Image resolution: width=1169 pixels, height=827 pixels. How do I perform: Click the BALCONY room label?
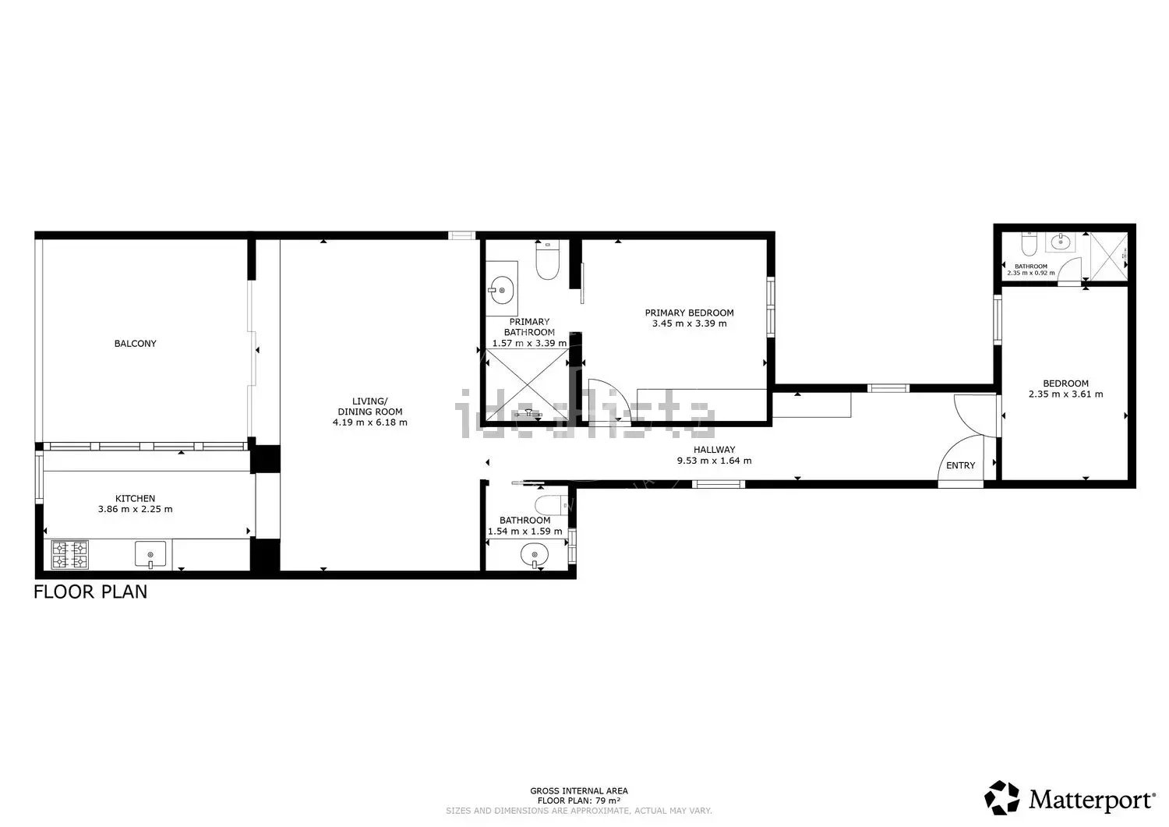135,344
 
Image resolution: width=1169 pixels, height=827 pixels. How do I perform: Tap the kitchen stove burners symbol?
70,554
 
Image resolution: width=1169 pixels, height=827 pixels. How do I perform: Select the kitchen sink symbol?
150,554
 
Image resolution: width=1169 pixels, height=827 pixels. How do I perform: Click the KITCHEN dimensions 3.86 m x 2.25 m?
135,509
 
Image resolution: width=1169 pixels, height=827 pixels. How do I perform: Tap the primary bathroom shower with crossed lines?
528,385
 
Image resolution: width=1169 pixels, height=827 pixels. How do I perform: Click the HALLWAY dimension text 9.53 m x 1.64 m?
715,461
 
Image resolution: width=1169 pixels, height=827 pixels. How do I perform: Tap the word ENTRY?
961,465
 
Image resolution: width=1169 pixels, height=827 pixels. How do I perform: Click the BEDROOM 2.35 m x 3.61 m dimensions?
1065,394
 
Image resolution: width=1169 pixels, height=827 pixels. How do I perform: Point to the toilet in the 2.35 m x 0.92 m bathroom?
1029,244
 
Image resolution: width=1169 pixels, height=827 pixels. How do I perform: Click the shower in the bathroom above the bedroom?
1109,256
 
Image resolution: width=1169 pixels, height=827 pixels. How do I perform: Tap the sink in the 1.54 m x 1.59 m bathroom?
534,554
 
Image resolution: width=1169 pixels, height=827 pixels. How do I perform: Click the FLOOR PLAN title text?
91,592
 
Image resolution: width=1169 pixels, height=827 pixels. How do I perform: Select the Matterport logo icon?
1002,797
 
